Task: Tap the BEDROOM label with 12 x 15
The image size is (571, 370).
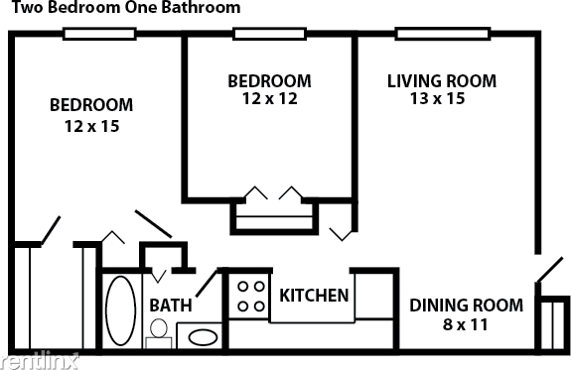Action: click(91, 105)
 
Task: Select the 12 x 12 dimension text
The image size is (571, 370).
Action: click(269, 98)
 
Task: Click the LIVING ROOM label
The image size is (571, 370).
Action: click(441, 80)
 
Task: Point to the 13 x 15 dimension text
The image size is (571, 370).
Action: click(441, 98)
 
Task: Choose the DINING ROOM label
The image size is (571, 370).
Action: click(466, 306)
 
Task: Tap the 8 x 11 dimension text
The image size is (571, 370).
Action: click(466, 324)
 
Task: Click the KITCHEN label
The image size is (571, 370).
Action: click(314, 296)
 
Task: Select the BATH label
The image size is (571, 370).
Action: click(171, 306)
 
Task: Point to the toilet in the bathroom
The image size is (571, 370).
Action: click(158, 341)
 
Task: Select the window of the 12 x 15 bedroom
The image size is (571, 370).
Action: click(99, 34)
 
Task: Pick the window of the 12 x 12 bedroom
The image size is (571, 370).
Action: click(269, 34)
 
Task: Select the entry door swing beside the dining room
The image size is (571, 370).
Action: click(546, 268)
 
